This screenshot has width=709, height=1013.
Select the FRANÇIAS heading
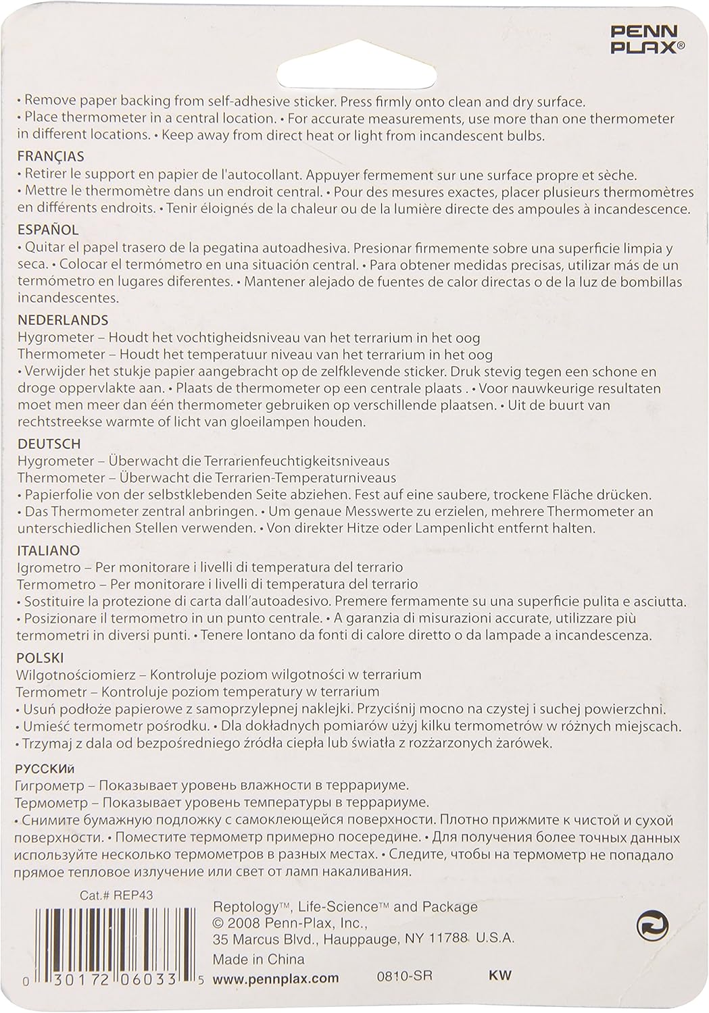51,156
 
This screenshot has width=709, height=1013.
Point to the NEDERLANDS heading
62,319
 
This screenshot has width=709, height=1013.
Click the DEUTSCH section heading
49,444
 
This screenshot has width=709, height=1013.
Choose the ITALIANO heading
49,550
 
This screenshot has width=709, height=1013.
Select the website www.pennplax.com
275,977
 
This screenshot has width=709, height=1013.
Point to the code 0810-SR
404,976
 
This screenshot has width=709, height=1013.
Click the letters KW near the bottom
499,975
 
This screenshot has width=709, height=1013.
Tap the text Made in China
258,959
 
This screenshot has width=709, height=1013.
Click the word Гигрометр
49,785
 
